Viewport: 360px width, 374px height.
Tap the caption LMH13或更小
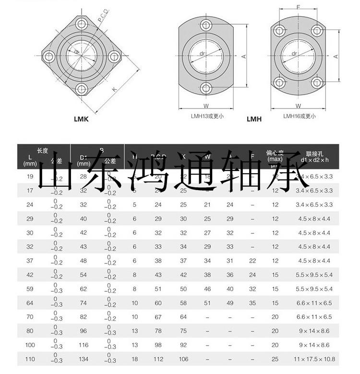pos(207,116)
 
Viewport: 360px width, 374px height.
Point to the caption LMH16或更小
pos(299,116)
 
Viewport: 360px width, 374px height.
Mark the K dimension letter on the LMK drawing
pos(114,89)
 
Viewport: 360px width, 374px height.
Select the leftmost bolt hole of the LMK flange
pos(48,57)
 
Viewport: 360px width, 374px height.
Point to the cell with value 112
pos(158,359)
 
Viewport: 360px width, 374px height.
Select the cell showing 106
pos(183,359)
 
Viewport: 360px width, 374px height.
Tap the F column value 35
pos(252,303)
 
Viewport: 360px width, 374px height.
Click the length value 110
pos(30,359)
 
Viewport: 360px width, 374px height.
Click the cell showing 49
pos(230,303)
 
